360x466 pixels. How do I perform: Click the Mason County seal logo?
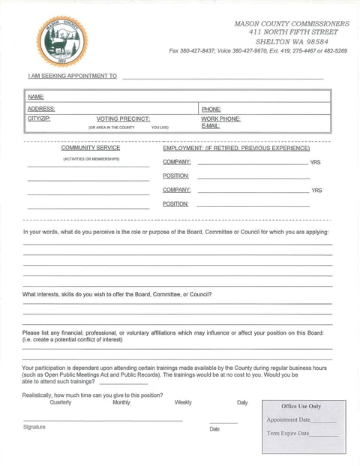pos(61,41)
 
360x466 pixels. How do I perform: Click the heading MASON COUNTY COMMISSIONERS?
pos(292,24)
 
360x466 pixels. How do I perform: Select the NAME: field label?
pos(36,97)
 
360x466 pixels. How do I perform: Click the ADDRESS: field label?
pos(41,109)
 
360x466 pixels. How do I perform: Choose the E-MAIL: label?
pos(210,126)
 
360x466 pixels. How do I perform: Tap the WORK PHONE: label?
pos(220,119)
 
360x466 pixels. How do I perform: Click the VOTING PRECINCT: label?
pos(123,119)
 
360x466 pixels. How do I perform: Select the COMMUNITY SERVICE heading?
pos(90,148)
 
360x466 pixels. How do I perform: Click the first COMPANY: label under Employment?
pos(176,162)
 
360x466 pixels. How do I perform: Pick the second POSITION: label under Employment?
pos(175,204)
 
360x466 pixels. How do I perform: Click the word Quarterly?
pos(61,402)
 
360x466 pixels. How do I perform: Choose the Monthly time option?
pos(121,402)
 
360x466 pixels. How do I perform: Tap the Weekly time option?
pos(183,402)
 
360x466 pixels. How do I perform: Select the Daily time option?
pos(242,402)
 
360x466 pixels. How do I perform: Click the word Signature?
pos(34,427)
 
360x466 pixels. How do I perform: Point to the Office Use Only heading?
pos(301,406)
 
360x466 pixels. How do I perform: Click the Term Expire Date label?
pos(288,434)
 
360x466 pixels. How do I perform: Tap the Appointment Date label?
pos(288,420)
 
